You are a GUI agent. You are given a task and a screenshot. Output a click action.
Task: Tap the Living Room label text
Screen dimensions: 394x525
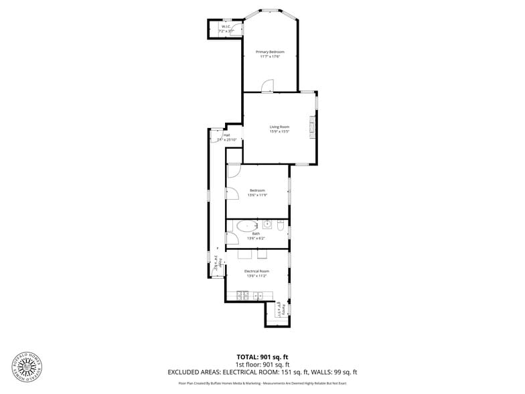(279, 127)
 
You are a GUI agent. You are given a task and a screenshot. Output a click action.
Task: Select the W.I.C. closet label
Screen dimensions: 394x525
(226, 27)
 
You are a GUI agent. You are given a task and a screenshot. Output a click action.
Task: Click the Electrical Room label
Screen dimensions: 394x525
(256, 271)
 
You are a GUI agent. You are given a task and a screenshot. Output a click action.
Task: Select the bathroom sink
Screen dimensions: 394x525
(267, 223)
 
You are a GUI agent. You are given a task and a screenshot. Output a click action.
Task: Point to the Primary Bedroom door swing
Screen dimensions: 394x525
(268, 85)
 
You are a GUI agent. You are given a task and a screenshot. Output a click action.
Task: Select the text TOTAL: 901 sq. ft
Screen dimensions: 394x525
(262, 356)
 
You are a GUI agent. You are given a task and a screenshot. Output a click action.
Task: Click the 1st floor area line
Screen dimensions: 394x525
(262, 364)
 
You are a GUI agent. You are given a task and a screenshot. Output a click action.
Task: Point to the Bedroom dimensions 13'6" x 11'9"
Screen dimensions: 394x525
(257, 195)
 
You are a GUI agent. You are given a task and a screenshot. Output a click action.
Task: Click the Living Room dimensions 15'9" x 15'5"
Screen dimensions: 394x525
(279, 132)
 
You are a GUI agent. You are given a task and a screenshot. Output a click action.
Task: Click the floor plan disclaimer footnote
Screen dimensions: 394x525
(262, 383)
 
